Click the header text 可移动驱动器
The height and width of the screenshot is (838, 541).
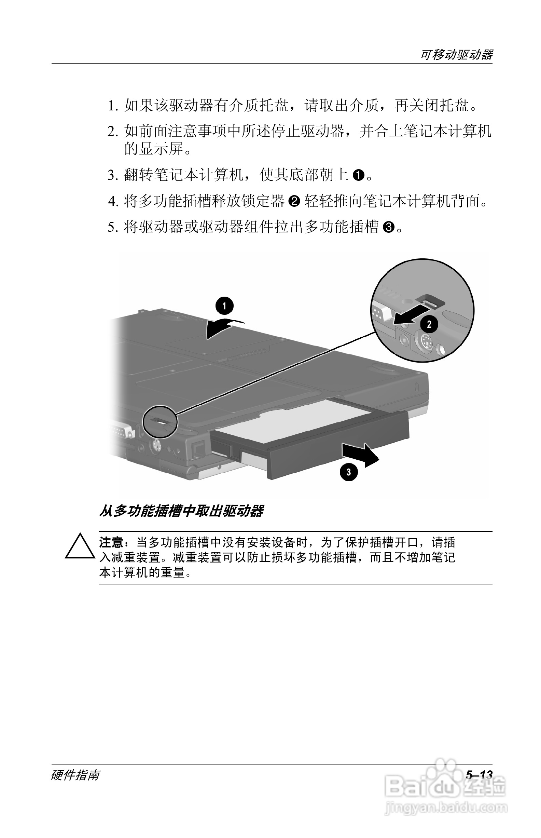point(456,55)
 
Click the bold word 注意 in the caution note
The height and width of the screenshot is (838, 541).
point(111,543)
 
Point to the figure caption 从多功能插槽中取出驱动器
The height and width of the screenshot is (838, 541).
point(181,511)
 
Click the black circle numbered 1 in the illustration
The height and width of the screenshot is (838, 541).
point(224,306)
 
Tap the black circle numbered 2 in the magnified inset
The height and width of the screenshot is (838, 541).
point(429,324)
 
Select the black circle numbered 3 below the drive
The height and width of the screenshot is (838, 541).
point(348,472)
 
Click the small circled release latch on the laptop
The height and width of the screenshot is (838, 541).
point(160,421)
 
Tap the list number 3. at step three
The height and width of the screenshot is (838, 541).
point(112,175)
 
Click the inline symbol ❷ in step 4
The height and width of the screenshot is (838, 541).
point(294,201)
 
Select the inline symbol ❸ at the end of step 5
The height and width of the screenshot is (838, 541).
point(389,227)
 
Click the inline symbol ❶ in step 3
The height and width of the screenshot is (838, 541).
point(358,175)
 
